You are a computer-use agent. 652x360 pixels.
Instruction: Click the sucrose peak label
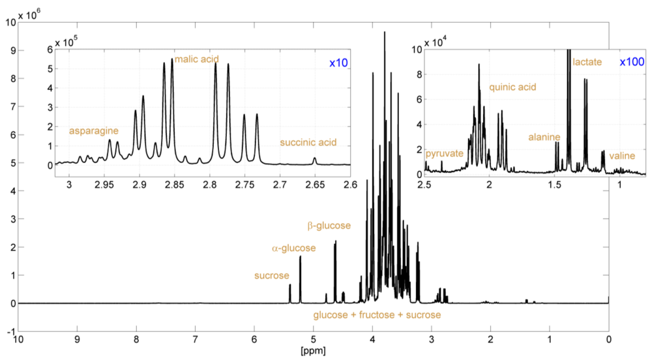coord(271,276)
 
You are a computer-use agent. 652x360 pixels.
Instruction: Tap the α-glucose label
coord(293,248)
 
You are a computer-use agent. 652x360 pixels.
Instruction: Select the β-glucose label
coord(329,226)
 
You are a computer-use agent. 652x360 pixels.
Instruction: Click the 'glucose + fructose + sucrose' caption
coord(378,315)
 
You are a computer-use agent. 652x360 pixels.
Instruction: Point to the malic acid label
coord(196,59)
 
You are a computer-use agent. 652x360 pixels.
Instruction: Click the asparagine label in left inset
coord(94,131)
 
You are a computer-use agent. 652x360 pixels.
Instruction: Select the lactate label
coord(587,63)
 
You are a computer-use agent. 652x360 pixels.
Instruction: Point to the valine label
coord(622,157)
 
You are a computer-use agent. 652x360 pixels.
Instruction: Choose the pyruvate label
coord(444,154)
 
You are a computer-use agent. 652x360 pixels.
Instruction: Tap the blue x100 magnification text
coord(632,62)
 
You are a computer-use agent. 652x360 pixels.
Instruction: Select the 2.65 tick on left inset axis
coord(315,185)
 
